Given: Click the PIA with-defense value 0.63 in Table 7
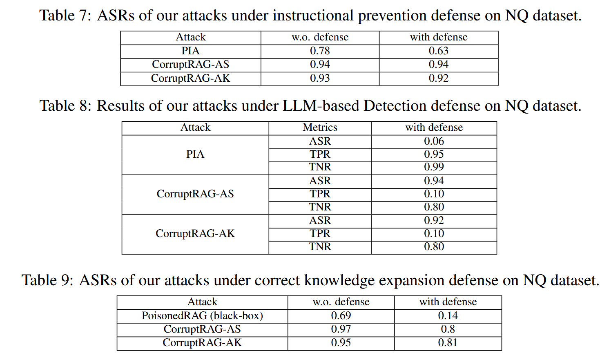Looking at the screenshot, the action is tap(438, 51).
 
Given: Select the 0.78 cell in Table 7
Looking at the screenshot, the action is tap(320, 51).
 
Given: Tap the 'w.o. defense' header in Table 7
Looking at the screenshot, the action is tap(320, 37).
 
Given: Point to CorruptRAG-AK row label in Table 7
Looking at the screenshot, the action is tap(190, 78).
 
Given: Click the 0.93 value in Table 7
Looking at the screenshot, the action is tap(320, 78).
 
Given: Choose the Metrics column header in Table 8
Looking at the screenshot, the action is tap(320, 127).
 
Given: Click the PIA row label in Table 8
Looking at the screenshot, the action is tap(195, 154).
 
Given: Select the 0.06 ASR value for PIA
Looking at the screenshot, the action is tap(434, 141).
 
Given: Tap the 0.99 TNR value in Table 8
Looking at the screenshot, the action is tap(434, 167).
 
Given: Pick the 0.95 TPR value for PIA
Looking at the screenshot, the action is tap(434, 154).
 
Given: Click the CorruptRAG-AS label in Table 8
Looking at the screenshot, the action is tap(195, 194).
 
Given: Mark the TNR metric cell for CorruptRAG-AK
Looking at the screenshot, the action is tap(320, 247).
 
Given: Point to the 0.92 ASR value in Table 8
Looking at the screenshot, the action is tap(434, 221).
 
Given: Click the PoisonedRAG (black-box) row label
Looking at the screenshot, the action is tap(202, 316).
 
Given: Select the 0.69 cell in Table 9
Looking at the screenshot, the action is tap(341, 316).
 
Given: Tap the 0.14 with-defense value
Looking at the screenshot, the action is tap(448, 316).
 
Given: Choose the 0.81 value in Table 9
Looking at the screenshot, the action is tap(448, 343).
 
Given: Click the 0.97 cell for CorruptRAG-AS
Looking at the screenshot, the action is tap(341, 329).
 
